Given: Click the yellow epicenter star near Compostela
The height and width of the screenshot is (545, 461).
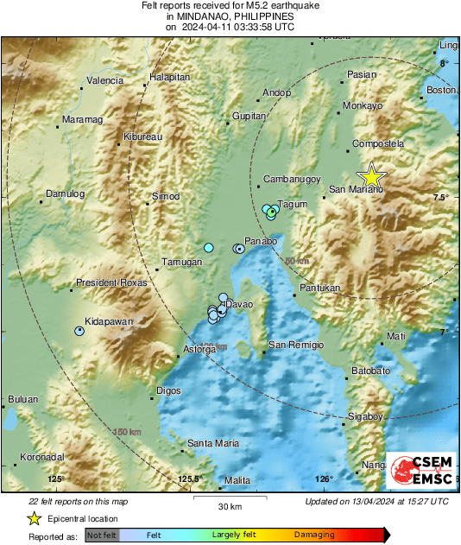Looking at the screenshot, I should (x=371, y=176).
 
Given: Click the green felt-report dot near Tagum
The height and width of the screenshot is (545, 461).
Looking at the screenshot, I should (x=271, y=212).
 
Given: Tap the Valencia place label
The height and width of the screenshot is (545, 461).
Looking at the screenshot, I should (x=104, y=80).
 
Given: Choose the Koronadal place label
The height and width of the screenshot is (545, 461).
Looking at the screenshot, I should (x=44, y=457).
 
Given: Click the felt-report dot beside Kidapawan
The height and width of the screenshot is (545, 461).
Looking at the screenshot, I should (x=79, y=331).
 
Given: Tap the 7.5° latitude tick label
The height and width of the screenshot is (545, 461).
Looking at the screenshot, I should (x=441, y=198).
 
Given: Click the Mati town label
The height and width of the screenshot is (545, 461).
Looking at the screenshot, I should (x=396, y=335).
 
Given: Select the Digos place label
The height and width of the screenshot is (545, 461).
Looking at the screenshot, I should (x=168, y=390).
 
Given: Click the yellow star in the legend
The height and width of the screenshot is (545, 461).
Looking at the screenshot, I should (x=34, y=518).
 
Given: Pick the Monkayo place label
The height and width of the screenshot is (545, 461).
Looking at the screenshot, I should (x=363, y=105).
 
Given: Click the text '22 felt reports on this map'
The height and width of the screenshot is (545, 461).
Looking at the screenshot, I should (x=79, y=501).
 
